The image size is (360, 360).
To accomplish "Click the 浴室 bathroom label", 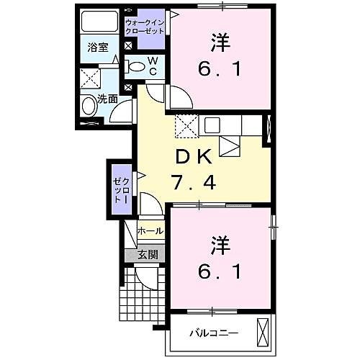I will pyautogui.click(x=98, y=48).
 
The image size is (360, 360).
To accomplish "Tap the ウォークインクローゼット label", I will pyautogui.click(x=145, y=27).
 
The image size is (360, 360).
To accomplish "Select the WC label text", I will pyautogui.click(x=153, y=67).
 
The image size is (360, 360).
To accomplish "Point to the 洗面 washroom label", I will pyautogui.click(x=107, y=100).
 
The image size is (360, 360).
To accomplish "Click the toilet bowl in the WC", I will pyautogui.click(x=136, y=67).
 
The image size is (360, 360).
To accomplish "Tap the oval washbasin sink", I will pyautogui.click(x=89, y=107).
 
